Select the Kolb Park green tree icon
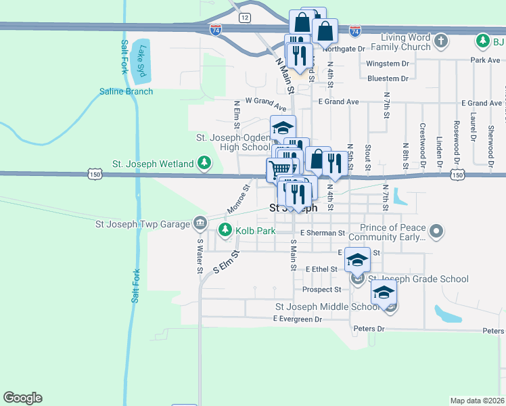tap(225, 231)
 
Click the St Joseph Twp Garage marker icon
tap(200, 222)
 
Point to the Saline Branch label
tap(126, 91)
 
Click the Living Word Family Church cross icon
tap(440, 41)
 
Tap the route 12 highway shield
tap(244, 17)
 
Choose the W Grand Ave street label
tap(267, 101)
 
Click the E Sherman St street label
tap(323, 233)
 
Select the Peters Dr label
tap(369, 329)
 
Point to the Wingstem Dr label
tap(388, 64)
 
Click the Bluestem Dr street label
tap(388, 78)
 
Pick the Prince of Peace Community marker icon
tap(436, 232)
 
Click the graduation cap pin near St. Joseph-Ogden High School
tap(283, 127)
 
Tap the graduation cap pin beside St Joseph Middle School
tap(384, 294)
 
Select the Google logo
tap(22, 398)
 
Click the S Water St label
tap(200, 256)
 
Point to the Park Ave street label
tap(484, 60)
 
